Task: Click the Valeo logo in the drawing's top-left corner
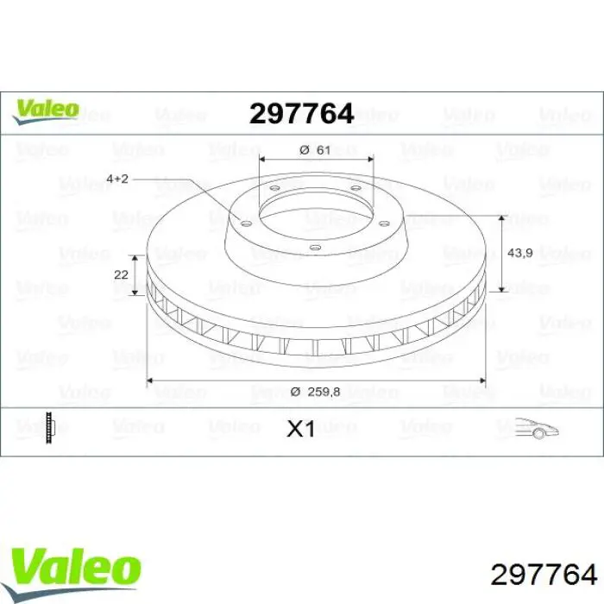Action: pyautogui.click(x=45, y=110)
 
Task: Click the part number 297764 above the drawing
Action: pyautogui.click(x=301, y=113)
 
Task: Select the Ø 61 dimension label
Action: pyautogui.click(x=315, y=149)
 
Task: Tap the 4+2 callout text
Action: pyautogui.click(x=117, y=178)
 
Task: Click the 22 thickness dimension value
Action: pyautogui.click(x=121, y=274)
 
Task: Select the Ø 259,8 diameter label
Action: pyautogui.click(x=316, y=391)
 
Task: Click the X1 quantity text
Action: pyautogui.click(x=300, y=429)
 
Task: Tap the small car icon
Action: pyautogui.click(x=534, y=428)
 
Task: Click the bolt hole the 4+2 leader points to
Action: pyautogui.click(x=245, y=223)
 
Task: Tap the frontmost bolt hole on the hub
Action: pyautogui.click(x=314, y=250)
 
